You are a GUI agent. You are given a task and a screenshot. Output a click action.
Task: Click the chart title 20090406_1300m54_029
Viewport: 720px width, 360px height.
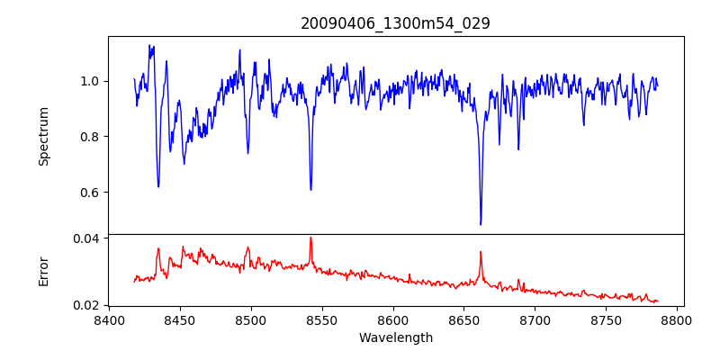(x=395, y=23)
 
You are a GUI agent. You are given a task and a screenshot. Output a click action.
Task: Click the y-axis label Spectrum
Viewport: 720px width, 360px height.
(x=44, y=136)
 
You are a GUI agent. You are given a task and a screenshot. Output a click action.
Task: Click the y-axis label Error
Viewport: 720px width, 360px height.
(x=44, y=270)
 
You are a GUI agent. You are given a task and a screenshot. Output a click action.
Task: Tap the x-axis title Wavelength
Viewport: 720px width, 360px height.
(x=395, y=338)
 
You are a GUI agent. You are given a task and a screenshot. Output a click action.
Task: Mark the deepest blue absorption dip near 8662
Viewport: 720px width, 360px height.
(x=481, y=223)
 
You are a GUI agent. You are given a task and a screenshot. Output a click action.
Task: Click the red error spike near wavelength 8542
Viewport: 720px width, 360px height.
(x=310, y=238)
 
